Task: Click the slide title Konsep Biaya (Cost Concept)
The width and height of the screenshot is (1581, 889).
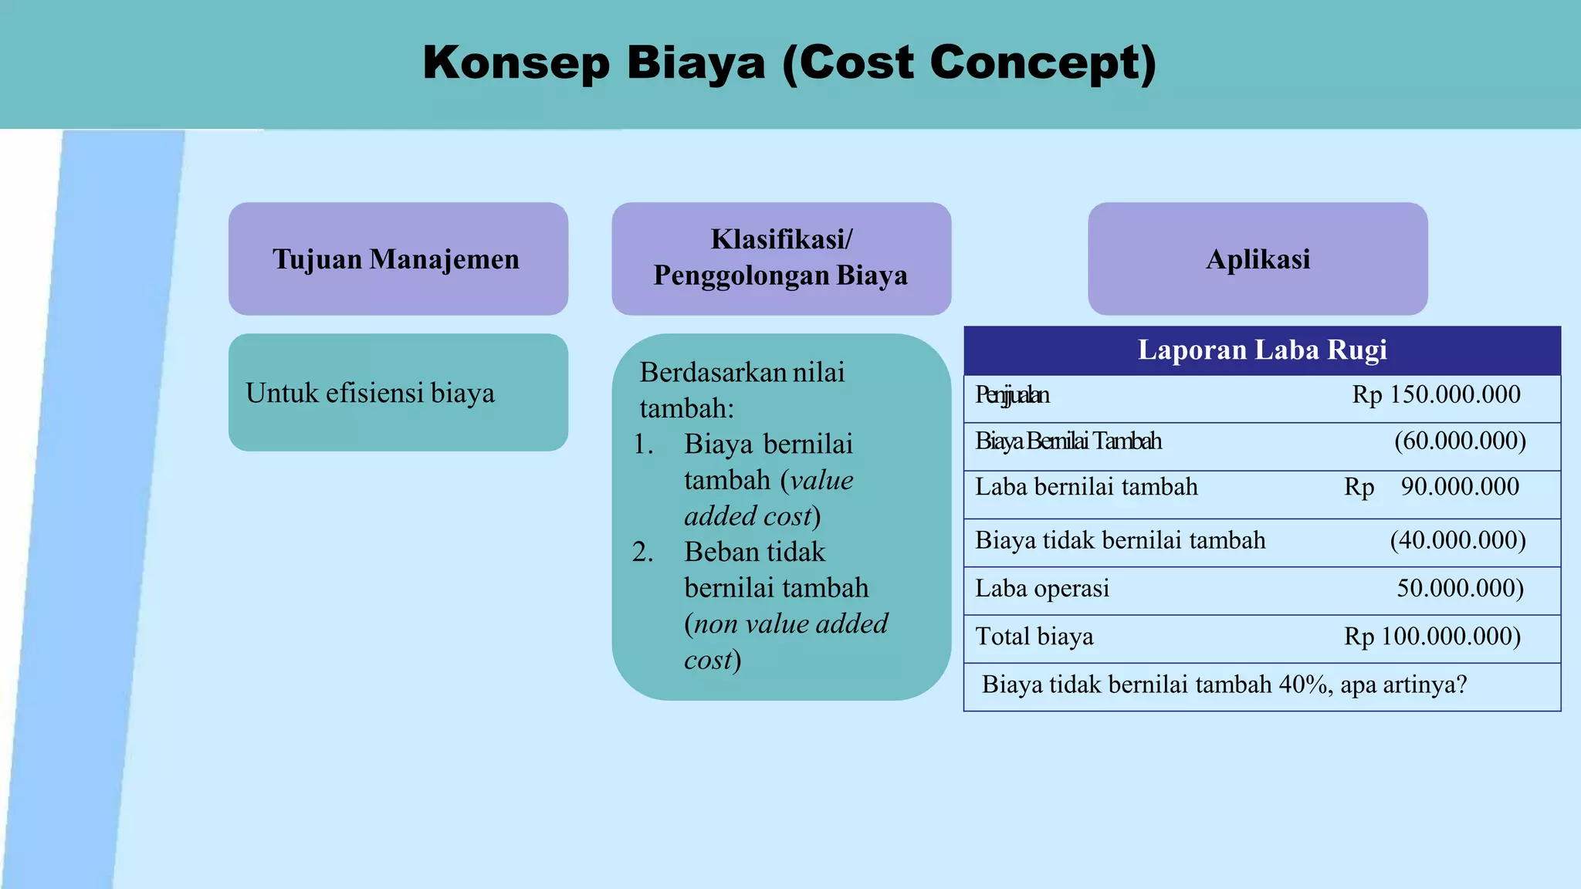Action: pos(789,63)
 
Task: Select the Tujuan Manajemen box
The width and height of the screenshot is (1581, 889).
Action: pos(398,259)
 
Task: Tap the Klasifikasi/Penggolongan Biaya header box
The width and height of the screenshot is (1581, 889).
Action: pos(781,259)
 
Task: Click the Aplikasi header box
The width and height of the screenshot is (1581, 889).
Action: pos(1258,259)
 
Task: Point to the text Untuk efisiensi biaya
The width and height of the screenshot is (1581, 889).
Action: pos(370,394)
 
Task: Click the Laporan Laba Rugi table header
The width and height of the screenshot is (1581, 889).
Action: pos(1261,350)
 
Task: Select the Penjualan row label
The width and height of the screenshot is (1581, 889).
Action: pos(1011,396)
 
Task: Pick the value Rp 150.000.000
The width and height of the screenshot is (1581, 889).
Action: pos(1436,395)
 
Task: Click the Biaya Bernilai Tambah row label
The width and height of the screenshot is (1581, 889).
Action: pos(1068,441)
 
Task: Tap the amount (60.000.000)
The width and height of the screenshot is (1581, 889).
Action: pos(1460,441)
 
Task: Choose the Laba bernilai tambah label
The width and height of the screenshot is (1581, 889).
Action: pos(1086,487)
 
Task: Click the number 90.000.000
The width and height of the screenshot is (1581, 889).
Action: pos(1460,487)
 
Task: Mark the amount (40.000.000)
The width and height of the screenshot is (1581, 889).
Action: pos(1457,540)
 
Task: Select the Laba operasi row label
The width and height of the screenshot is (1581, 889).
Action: pos(1041,589)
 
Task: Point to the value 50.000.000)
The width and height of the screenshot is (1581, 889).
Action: pos(1460,589)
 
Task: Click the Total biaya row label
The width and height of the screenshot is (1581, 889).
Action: pos(1034,637)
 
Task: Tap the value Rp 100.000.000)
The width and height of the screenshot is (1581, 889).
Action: pos(1432,637)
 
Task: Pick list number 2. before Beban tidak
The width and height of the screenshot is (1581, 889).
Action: pos(642,553)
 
